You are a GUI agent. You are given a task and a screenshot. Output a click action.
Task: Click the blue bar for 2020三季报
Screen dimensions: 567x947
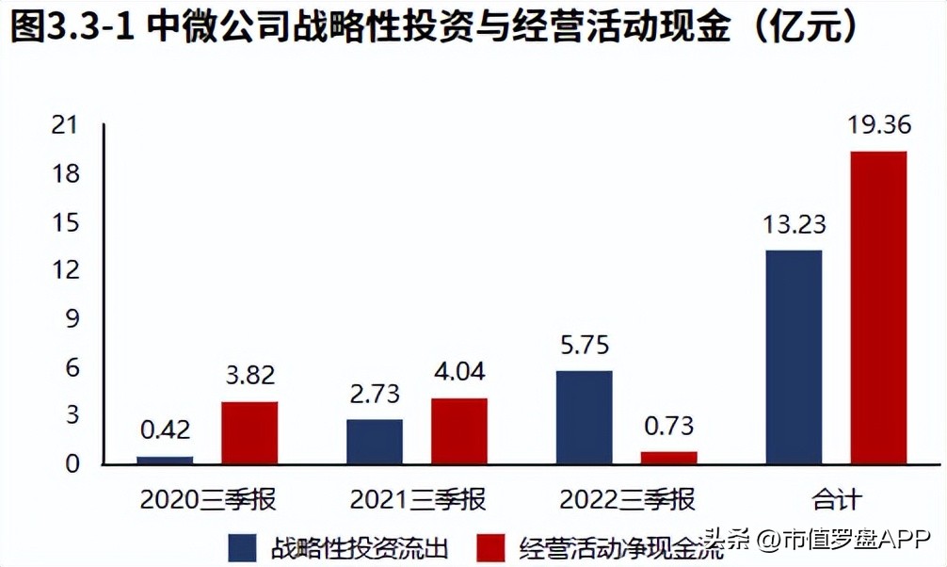point(166,460)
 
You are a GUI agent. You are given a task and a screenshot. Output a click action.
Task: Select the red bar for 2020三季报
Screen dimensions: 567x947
point(250,432)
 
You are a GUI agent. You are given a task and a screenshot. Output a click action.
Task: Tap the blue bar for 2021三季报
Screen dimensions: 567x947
point(375,441)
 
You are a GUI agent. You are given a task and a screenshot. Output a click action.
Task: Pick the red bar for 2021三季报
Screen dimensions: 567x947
point(459,430)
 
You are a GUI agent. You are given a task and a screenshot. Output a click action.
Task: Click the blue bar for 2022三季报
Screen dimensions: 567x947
point(585,416)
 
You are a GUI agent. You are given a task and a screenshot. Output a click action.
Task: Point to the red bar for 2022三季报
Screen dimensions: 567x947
point(669,458)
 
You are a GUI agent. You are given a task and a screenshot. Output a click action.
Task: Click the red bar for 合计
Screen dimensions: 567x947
point(878,307)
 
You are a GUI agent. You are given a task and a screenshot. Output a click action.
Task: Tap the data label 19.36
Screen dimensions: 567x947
point(878,126)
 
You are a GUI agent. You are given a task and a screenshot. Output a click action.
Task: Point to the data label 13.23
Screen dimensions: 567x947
point(795,225)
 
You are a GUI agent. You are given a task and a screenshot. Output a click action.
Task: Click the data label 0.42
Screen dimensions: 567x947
point(166,430)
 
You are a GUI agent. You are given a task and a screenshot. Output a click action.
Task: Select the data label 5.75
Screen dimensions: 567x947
point(585,346)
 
